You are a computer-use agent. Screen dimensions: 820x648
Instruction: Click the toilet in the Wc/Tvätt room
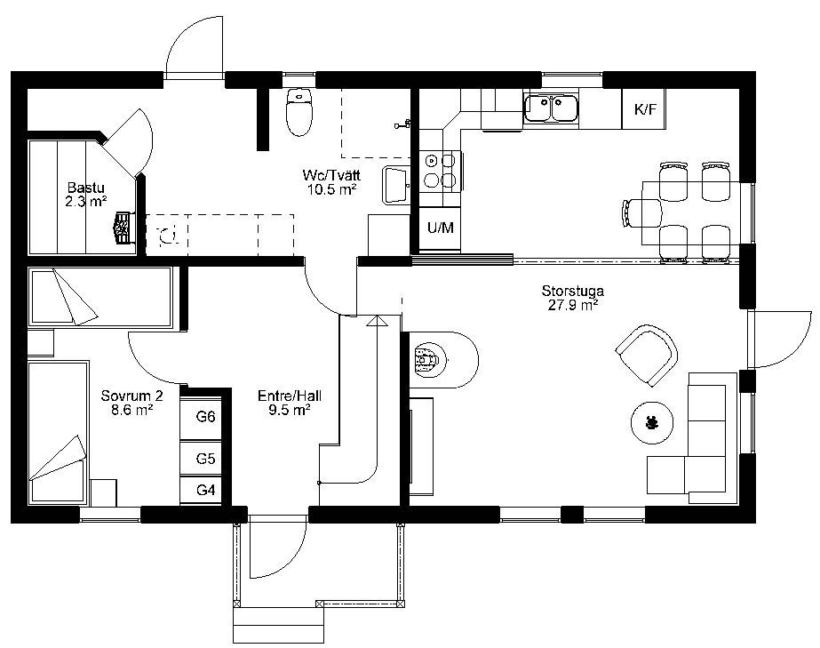[299, 112]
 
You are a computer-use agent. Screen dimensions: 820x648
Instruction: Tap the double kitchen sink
[551, 108]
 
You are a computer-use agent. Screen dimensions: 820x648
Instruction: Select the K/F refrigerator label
[644, 109]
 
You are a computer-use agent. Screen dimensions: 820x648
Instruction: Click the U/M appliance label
[441, 228]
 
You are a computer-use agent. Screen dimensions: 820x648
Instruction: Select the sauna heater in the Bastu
[123, 228]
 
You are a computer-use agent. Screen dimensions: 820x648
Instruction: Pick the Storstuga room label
[573, 291]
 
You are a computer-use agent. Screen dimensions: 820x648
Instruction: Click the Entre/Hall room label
[290, 396]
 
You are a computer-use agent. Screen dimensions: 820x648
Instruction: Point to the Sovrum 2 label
[131, 396]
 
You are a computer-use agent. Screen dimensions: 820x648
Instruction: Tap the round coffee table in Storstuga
[652, 422]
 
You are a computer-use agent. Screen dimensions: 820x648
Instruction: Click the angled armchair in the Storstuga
[647, 355]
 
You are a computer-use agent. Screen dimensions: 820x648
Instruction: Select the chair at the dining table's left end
[641, 213]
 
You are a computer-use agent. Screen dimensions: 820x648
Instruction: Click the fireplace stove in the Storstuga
[427, 360]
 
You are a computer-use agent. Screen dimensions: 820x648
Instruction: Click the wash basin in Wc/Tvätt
[396, 185]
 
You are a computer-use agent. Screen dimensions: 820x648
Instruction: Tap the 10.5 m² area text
[331, 189]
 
